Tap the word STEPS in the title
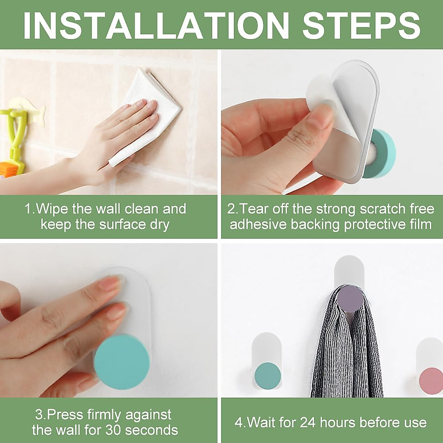point(361,25)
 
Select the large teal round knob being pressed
point(121,362)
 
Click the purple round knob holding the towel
point(350,299)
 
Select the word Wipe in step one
point(52,209)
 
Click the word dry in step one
point(159,225)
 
